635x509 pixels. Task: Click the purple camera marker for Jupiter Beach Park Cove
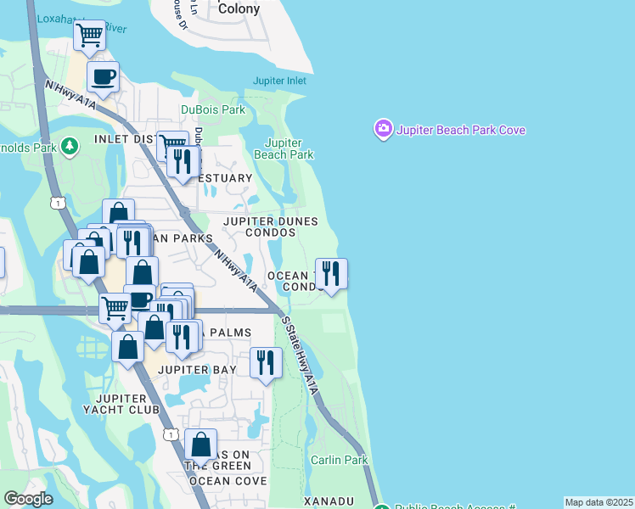[384, 130]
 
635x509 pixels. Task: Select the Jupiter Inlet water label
[279, 81]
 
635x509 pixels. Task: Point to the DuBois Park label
[212, 109]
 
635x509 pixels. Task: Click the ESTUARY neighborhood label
[224, 178]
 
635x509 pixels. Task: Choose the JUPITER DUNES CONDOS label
[270, 227]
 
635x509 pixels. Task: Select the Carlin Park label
[339, 460]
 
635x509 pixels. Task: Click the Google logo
[27, 499]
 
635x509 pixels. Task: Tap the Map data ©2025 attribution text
[598, 502]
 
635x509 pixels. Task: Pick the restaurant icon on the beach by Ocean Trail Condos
[331, 273]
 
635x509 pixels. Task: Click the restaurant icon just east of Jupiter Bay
[267, 362]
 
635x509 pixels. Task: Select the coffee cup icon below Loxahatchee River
[103, 77]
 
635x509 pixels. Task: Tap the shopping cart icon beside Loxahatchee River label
[89, 36]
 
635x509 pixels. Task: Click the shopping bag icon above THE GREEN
[200, 444]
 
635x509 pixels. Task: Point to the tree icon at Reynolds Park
[69, 147]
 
